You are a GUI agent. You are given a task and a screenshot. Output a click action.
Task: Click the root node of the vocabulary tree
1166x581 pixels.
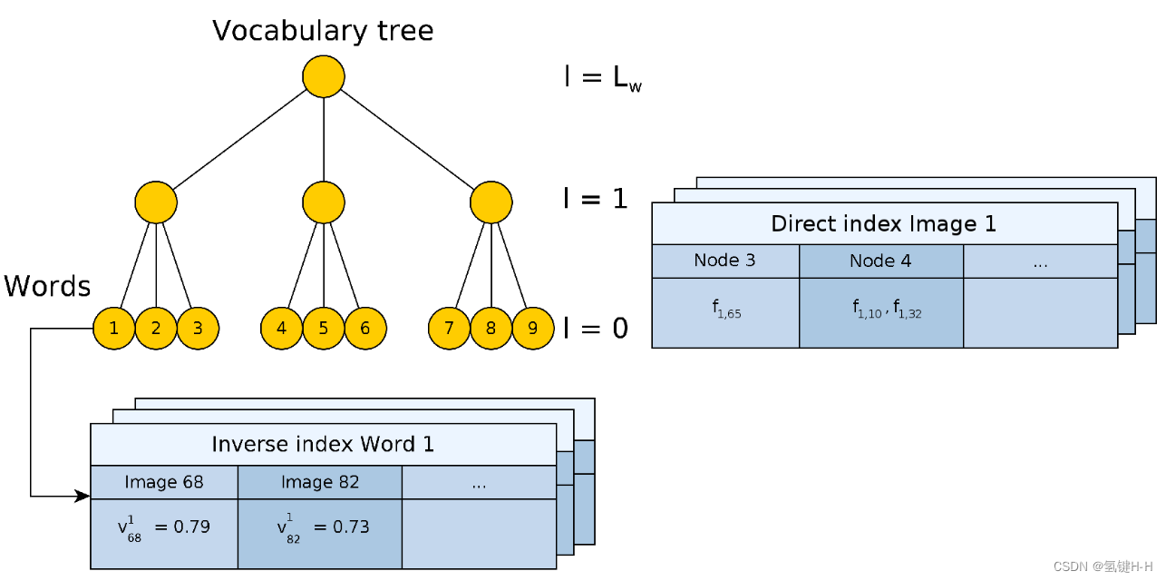click(x=324, y=76)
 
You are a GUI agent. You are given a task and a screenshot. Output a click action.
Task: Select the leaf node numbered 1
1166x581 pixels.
click(x=114, y=329)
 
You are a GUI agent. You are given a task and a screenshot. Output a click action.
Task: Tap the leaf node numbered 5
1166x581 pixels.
click(x=324, y=329)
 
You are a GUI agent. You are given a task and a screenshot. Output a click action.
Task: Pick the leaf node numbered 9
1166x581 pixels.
click(x=532, y=329)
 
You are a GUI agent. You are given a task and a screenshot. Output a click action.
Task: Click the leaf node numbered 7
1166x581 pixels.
click(x=450, y=329)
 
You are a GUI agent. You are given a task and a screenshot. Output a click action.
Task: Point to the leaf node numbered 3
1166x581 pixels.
click(x=198, y=329)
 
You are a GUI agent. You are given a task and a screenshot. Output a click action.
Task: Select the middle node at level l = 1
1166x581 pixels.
click(x=324, y=202)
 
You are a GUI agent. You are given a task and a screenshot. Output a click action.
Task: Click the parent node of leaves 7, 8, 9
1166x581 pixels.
click(x=491, y=202)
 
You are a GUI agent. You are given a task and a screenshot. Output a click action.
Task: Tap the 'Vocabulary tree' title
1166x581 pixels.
click(x=323, y=31)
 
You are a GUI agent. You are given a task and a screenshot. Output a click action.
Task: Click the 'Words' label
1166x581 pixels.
click(x=47, y=287)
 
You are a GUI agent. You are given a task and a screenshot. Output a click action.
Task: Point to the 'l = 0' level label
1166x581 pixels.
click(x=596, y=328)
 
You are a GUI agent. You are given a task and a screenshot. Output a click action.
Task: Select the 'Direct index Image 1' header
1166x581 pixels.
click(x=884, y=223)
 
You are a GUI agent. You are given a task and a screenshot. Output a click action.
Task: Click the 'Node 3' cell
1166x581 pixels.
click(x=724, y=261)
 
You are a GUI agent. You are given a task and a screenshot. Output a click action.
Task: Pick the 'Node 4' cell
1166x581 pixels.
click(x=880, y=261)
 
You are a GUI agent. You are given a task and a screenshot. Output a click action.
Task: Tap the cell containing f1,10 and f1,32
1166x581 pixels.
click(x=880, y=312)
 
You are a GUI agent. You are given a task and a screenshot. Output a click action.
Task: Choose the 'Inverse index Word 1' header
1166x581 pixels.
click(x=323, y=444)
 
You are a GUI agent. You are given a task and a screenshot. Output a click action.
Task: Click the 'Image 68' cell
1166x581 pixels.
click(x=164, y=482)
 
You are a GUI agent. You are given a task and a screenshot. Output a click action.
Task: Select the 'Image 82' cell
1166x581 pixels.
click(x=320, y=482)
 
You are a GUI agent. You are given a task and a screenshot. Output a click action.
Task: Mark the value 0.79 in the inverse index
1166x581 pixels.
click(x=192, y=527)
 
